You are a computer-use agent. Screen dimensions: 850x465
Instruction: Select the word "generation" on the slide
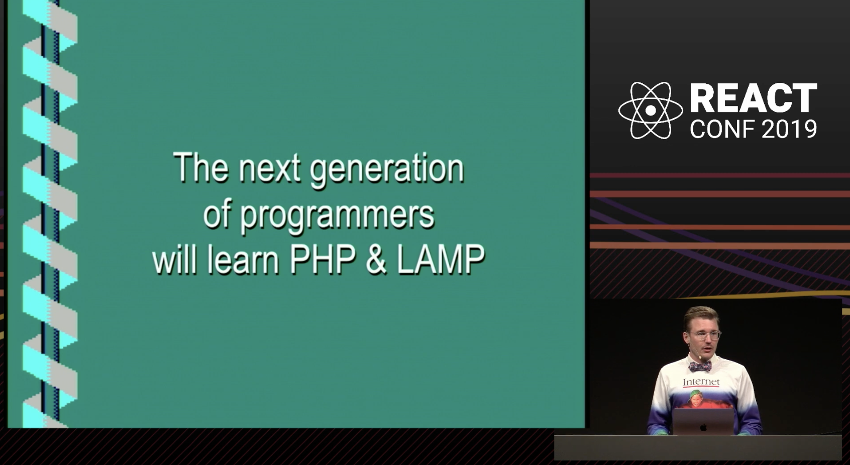(387, 171)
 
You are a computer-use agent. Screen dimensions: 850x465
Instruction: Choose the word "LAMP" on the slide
(441, 260)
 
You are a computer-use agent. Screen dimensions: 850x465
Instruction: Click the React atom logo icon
(651, 110)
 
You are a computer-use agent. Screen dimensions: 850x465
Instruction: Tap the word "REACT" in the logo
(754, 98)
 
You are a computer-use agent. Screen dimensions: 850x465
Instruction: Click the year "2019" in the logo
(789, 129)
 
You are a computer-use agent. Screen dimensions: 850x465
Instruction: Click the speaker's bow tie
(700, 367)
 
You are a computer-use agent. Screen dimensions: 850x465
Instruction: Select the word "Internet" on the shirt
(701, 382)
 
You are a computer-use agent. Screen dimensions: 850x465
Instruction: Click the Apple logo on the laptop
(703, 427)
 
